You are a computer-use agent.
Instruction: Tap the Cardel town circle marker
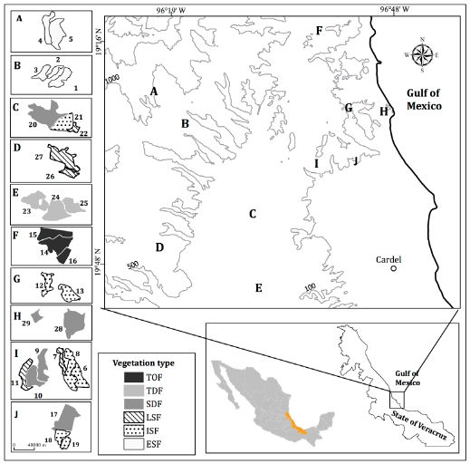(394, 268)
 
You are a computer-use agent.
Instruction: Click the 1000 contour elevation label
(112, 79)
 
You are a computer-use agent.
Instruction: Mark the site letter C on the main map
(254, 214)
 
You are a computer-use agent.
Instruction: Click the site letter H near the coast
(383, 111)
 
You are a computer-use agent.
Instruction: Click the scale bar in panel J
(30, 447)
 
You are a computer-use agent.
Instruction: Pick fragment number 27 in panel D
(39, 157)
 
